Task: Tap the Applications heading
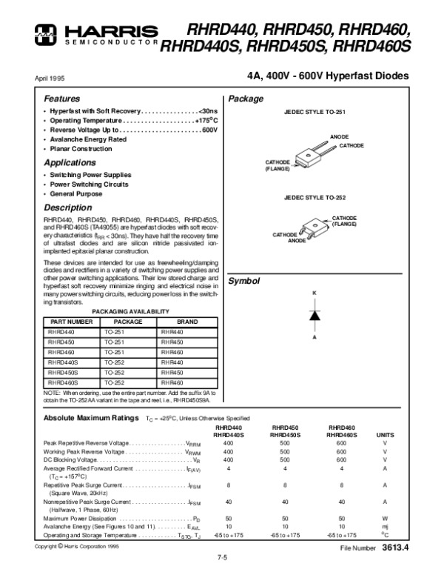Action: tap(69, 162)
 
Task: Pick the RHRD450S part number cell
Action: tap(63, 373)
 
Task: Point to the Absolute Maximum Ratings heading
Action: tap(87, 418)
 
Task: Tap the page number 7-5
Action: tap(222, 557)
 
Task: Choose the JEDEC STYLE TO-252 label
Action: tap(314, 199)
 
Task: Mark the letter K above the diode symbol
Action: tap(314, 294)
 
